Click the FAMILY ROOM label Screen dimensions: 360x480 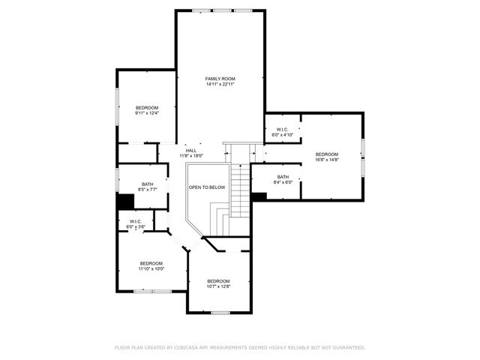pyautogui.click(x=220, y=79)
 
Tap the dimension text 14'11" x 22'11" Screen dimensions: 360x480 pyautogui.click(x=220, y=84)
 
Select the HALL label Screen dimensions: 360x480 pyautogui.click(x=191, y=151)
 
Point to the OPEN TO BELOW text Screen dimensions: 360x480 pyautogui.click(x=206, y=187)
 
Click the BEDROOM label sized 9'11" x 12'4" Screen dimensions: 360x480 pyautogui.click(x=146, y=108)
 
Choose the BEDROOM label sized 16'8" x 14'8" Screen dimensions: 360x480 pyautogui.click(x=327, y=154)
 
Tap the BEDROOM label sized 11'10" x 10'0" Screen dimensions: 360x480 pyautogui.click(x=151, y=263)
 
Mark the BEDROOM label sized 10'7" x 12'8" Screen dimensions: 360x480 pyautogui.click(x=218, y=281)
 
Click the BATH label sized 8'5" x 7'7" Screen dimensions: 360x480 pyautogui.click(x=147, y=184)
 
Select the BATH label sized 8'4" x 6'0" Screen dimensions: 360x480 pyautogui.click(x=283, y=177)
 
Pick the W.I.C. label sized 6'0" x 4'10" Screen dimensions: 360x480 pyautogui.click(x=283, y=130)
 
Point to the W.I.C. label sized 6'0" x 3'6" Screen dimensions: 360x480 pyautogui.click(x=136, y=221)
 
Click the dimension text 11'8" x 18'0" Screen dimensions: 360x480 pyautogui.click(x=191, y=156)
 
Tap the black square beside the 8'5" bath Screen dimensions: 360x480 pyautogui.click(x=124, y=202)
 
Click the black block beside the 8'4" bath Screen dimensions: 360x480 pyautogui.click(x=259, y=196)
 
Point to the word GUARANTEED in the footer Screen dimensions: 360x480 pyautogui.click(x=346, y=348)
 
